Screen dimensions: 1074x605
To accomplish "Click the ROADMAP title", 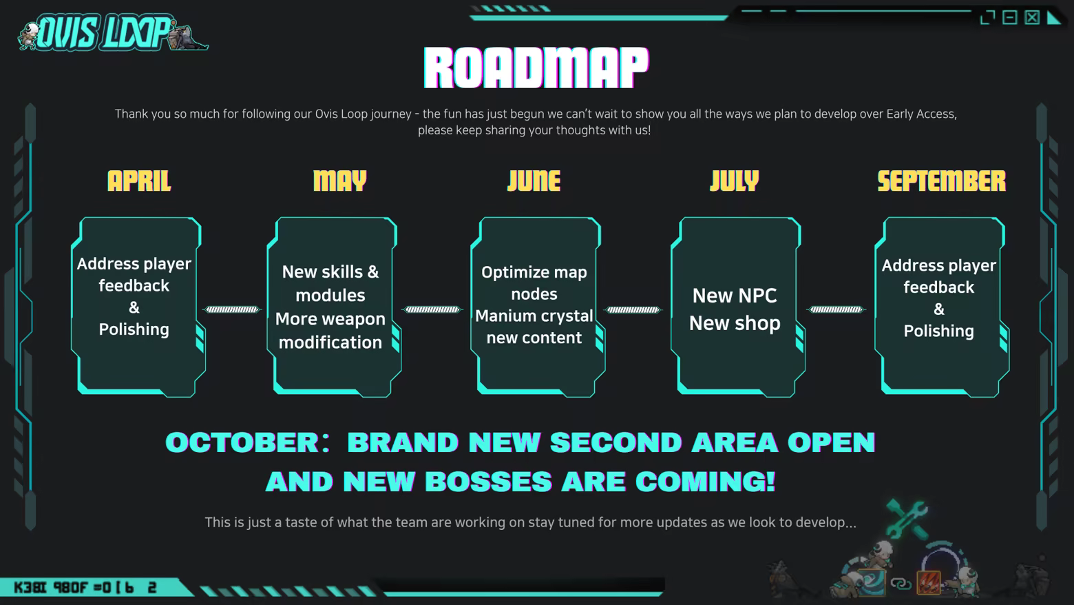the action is [536, 67].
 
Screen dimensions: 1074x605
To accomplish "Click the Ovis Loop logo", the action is [113, 32].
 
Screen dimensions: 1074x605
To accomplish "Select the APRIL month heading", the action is [139, 181].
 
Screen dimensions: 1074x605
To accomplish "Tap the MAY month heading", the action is [340, 181].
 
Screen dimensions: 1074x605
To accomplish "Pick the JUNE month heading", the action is [534, 181].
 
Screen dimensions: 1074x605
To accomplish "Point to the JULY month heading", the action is [735, 181].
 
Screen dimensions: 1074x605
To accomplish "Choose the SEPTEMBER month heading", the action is [942, 181].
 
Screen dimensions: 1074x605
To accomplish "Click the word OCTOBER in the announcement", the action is [242, 442].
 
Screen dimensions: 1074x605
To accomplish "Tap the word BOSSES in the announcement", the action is [488, 481].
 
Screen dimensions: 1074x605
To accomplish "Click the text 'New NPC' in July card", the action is [735, 296].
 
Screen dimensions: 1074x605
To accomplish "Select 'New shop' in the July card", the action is [735, 323].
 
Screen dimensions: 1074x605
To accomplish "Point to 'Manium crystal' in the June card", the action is [534, 316].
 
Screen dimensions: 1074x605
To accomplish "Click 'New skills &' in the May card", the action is [330, 272].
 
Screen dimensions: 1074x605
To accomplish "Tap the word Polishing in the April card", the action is [134, 329].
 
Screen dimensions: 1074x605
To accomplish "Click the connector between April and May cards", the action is [232, 309].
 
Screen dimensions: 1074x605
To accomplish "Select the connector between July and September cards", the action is [836, 309].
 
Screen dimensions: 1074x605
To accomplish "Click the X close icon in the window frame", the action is [1032, 18].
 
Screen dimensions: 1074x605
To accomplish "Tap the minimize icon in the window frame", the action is [1009, 18].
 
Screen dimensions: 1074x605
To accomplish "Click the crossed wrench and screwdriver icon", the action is [907, 518].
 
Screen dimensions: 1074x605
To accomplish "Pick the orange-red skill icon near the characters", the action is [929, 582].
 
